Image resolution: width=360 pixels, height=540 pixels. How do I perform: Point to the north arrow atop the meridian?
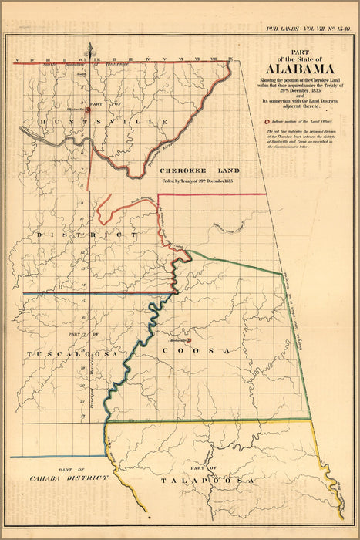tap(91, 51)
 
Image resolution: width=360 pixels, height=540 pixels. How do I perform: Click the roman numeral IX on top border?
tap(230, 59)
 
